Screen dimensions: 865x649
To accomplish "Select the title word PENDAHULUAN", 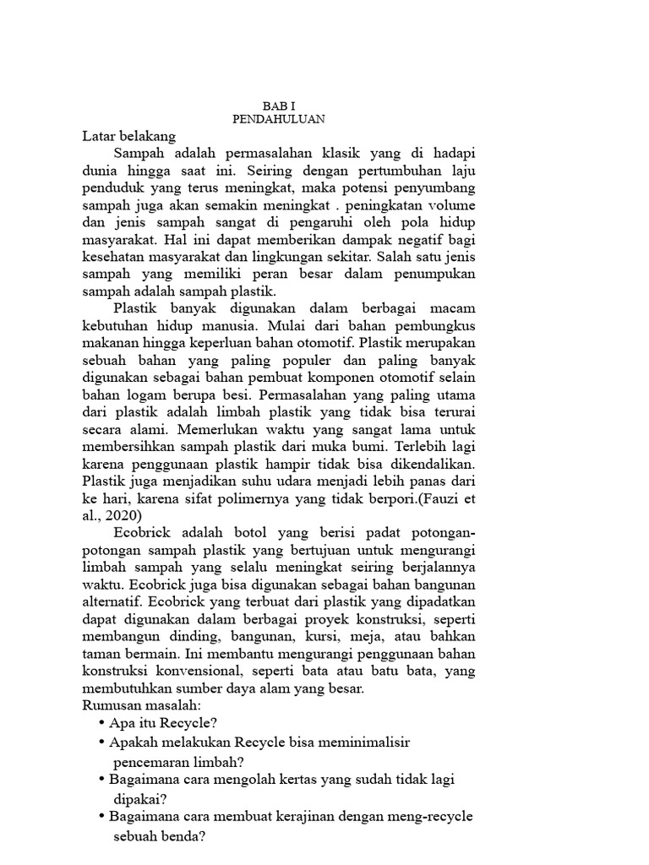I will point(279,120).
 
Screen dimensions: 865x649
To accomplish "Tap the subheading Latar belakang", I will point(128,135).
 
